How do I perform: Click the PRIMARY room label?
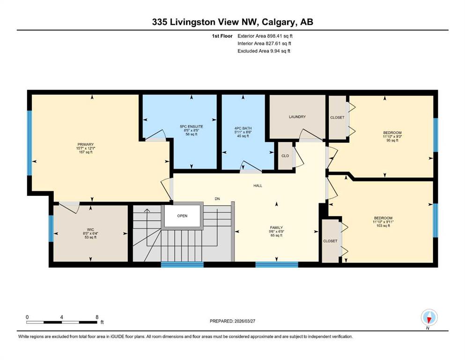pyautogui.click(x=86, y=144)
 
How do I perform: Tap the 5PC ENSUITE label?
pyautogui.click(x=192, y=127)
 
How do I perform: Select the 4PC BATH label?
pyautogui.click(x=243, y=128)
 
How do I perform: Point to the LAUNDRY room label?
pyautogui.click(x=297, y=117)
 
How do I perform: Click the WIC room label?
pyautogui.click(x=90, y=229)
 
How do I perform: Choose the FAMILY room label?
pyautogui.click(x=276, y=228)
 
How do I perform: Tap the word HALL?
pyautogui.click(x=258, y=186)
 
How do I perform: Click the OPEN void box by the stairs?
pyautogui.click(x=182, y=216)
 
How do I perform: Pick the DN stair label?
pyautogui.click(x=217, y=199)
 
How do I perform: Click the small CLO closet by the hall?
pyautogui.click(x=285, y=156)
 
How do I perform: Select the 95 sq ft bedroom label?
pyautogui.click(x=392, y=133)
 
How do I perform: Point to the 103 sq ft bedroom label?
pyautogui.click(x=383, y=218)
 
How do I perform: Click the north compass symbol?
pyautogui.click(x=429, y=318)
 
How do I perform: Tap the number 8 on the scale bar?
pyautogui.click(x=97, y=317)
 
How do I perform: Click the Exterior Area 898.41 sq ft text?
pyautogui.click(x=265, y=36)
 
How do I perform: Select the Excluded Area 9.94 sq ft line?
pyautogui.click(x=264, y=51)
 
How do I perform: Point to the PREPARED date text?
pyautogui.click(x=232, y=321)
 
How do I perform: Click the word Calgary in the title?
pyautogui.click(x=280, y=22)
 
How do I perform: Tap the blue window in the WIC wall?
pyautogui.click(x=51, y=228)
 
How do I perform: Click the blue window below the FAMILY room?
pyautogui.click(x=277, y=265)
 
